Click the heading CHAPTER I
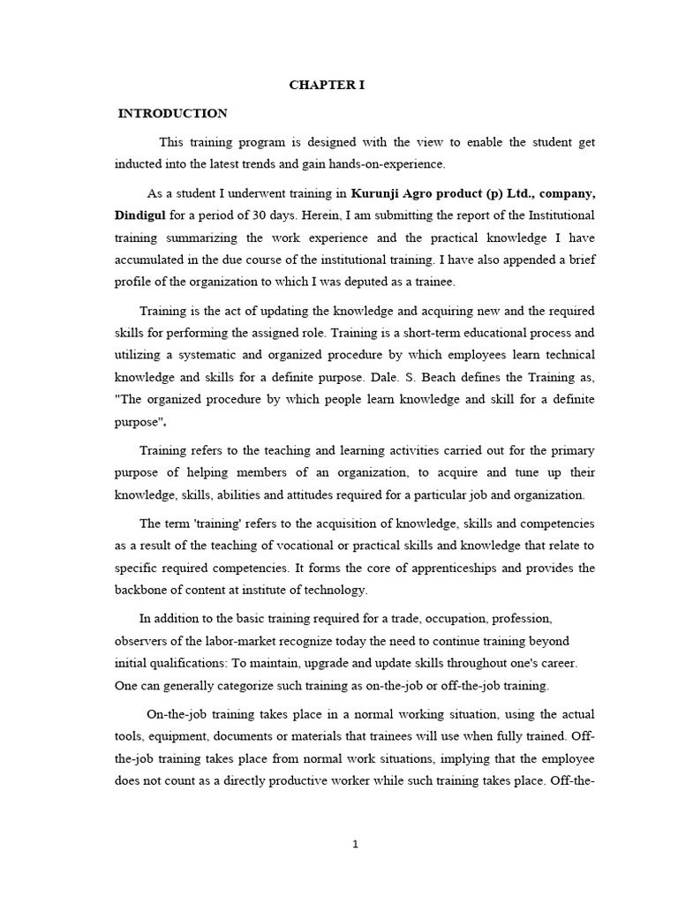tap(327, 85)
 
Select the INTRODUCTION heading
tap(173, 114)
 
